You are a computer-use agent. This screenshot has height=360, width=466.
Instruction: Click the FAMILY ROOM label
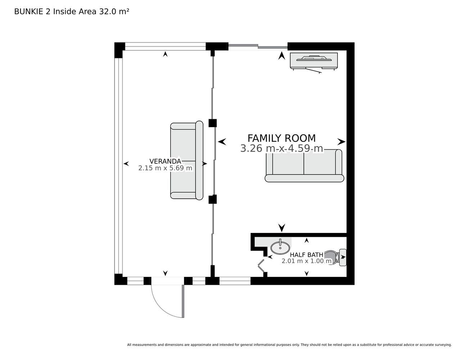click(x=281, y=138)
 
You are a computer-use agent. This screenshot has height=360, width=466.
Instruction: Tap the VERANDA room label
click(x=165, y=161)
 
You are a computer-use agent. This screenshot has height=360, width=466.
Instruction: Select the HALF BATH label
click(x=306, y=255)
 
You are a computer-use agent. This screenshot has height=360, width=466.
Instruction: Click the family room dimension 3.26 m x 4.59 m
click(x=282, y=148)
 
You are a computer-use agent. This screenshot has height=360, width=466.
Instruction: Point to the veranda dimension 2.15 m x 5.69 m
click(x=165, y=168)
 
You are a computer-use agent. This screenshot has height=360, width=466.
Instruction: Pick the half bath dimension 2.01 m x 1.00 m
click(x=306, y=261)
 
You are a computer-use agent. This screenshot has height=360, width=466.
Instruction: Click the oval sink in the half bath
click(x=280, y=248)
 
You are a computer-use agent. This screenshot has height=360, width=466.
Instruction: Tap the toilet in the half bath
click(x=335, y=257)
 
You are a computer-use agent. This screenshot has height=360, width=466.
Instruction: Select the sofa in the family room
click(x=304, y=166)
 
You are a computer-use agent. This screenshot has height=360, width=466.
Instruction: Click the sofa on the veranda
click(x=187, y=161)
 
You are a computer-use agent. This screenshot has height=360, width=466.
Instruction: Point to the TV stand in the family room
click(x=314, y=61)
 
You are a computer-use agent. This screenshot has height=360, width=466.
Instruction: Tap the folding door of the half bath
click(x=261, y=266)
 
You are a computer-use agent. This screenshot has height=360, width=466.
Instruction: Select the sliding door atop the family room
click(x=258, y=46)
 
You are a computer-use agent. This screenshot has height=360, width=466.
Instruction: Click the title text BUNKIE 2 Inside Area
click(x=55, y=12)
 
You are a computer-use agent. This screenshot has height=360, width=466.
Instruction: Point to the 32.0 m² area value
click(x=114, y=12)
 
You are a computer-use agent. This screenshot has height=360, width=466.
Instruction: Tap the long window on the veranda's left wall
click(x=118, y=166)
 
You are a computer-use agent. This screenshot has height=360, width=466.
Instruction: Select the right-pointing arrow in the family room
click(x=341, y=141)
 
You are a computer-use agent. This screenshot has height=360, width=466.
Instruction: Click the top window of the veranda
click(x=165, y=46)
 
